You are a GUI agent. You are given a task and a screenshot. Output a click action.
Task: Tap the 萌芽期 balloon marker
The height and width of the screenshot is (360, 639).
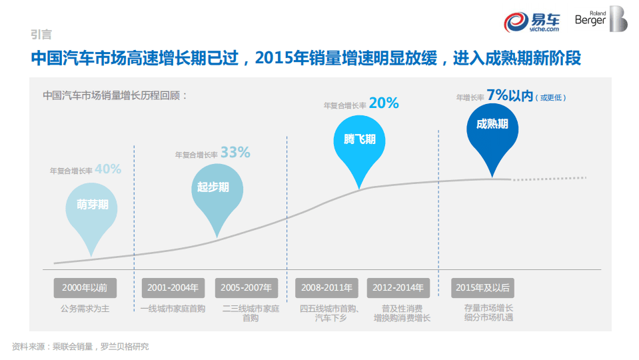click(93, 207)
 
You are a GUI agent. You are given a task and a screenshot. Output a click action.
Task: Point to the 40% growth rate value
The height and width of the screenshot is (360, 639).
click(108, 169)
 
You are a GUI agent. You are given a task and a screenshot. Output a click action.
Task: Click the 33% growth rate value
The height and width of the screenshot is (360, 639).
click(235, 153)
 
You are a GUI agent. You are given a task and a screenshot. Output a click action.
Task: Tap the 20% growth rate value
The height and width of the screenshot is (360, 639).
click(383, 103)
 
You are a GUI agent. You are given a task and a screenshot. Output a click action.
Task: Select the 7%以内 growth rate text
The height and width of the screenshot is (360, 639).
click(510, 95)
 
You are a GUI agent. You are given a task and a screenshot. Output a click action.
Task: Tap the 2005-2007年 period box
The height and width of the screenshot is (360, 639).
click(247, 288)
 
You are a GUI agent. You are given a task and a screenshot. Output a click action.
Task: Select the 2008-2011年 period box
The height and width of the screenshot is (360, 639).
click(326, 288)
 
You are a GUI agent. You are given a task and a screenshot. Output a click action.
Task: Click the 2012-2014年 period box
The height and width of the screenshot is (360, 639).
click(398, 288)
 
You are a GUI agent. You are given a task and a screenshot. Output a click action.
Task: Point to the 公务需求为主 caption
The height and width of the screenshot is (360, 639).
click(85, 309)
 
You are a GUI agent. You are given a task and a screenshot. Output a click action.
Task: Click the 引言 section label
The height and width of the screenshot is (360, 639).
click(41, 35)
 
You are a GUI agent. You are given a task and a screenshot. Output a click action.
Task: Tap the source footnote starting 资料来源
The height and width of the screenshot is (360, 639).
click(81, 346)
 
